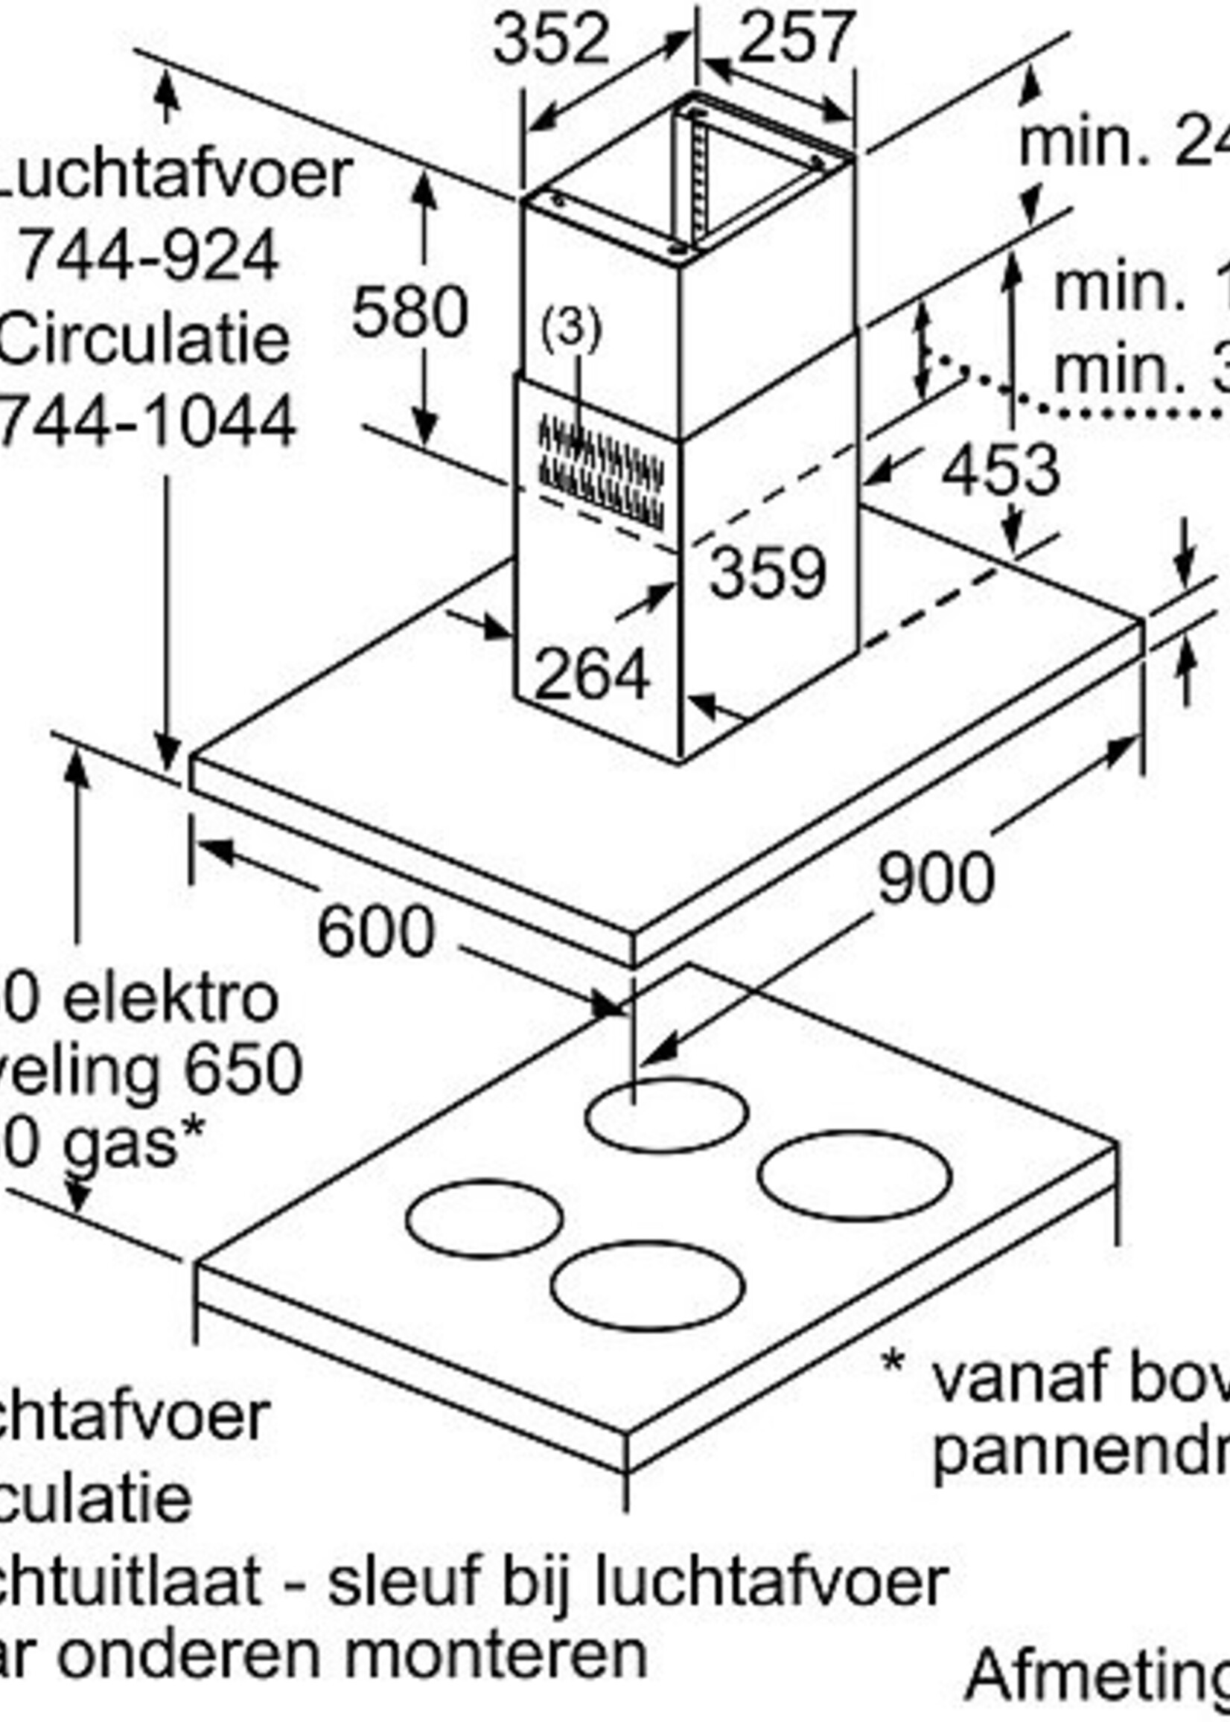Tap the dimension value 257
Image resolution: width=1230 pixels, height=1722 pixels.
click(796, 38)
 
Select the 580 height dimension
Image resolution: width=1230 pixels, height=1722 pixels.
click(410, 312)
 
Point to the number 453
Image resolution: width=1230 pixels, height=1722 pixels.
click(1000, 471)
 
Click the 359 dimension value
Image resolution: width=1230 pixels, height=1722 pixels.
click(767, 573)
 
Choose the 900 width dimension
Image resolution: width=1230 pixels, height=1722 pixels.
click(935, 878)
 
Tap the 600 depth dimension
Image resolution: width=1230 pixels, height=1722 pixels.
click(376, 931)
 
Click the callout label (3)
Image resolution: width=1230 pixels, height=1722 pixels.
click(571, 329)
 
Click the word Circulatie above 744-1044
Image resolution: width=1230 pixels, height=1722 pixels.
click(144, 339)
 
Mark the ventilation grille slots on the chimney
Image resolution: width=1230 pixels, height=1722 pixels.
click(602, 473)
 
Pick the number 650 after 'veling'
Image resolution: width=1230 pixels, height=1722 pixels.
click(243, 1071)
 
